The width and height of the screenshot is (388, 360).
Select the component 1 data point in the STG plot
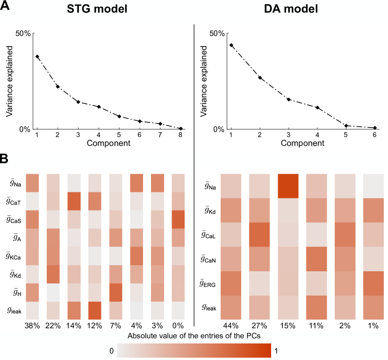[x=37, y=56]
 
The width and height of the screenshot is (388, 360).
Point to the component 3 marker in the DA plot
[x=289, y=99]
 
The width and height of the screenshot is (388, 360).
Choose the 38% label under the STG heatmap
[x=32, y=324]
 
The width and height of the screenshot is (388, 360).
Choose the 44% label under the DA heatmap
[x=230, y=324]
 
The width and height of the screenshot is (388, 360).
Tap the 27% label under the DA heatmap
[x=259, y=324]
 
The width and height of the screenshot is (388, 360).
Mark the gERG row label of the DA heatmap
[x=207, y=283]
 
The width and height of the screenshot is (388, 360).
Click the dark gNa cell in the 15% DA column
[x=288, y=186]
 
